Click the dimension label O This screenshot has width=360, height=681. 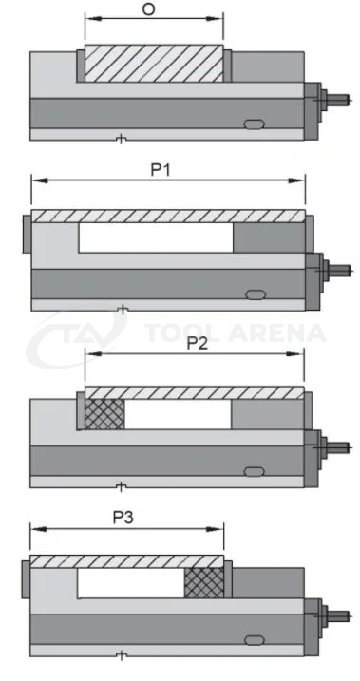148,9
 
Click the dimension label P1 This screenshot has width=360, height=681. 161,170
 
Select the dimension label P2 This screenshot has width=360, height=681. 198,344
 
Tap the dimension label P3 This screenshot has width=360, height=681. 123,518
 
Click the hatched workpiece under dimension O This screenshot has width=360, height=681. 154,64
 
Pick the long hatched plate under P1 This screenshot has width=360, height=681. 168,216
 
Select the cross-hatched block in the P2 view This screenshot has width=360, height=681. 104,414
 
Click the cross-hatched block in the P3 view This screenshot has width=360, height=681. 204,583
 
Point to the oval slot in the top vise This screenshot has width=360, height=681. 254,124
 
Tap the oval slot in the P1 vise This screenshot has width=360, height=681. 256,294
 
